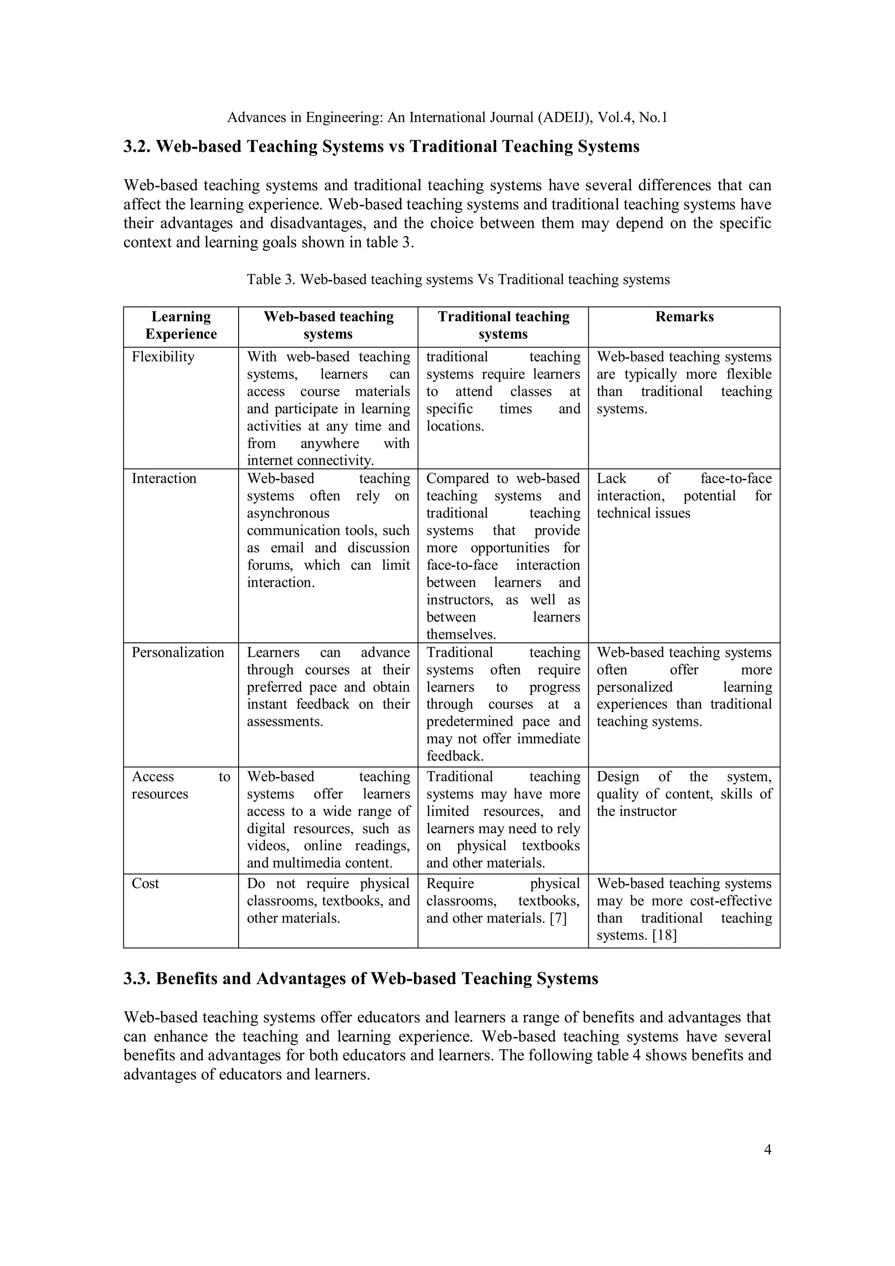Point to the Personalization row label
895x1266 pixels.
(177, 652)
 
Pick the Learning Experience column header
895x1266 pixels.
(181, 325)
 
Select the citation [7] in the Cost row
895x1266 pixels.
(558, 918)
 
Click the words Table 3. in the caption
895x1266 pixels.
(271, 280)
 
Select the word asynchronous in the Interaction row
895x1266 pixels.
(288, 513)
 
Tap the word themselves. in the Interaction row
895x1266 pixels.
(461, 635)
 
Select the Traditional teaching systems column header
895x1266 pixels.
(503, 325)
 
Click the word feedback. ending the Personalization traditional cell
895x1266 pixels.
(454, 756)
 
